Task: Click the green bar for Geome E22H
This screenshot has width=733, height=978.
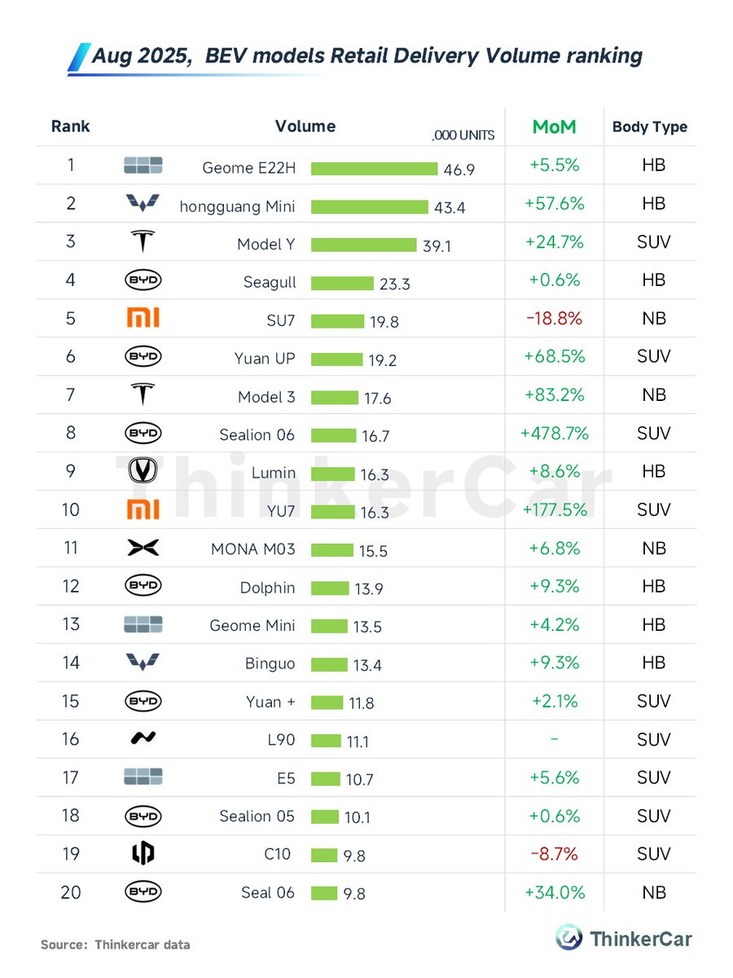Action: pos(374,169)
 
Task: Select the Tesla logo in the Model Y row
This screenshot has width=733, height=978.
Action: pos(143,242)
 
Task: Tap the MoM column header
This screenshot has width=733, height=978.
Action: pos(554,127)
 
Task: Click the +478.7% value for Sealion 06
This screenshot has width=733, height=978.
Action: pos(555,434)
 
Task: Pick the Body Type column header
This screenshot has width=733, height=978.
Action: pos(650,127)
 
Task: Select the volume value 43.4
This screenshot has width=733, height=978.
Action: pos(450,208)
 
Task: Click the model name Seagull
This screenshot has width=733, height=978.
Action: pos(270,283)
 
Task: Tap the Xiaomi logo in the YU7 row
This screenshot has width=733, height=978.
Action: pos(143,510)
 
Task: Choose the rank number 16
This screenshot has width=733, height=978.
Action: pos(71,739)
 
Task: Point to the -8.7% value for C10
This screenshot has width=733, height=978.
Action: pos(555,854)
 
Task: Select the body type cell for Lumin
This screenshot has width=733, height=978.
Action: pos(653,472)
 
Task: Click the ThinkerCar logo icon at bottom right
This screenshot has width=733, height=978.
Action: pos(568,937)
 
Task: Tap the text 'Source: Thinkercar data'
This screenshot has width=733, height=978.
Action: pos(116,945)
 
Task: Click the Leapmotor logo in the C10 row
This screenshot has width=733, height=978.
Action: pos(143,853)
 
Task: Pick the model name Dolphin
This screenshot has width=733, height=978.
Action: pos(268,588)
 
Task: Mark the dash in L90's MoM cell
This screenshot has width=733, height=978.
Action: pos(555,739)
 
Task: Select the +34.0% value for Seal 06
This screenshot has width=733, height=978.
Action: pos(555,892)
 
